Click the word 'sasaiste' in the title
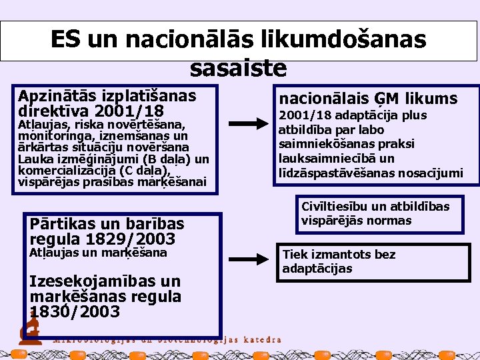point(239,67)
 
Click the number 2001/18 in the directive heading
point(130,111)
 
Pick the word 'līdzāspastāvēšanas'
point(331,173)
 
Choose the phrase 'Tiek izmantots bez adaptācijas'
point(339,261)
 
